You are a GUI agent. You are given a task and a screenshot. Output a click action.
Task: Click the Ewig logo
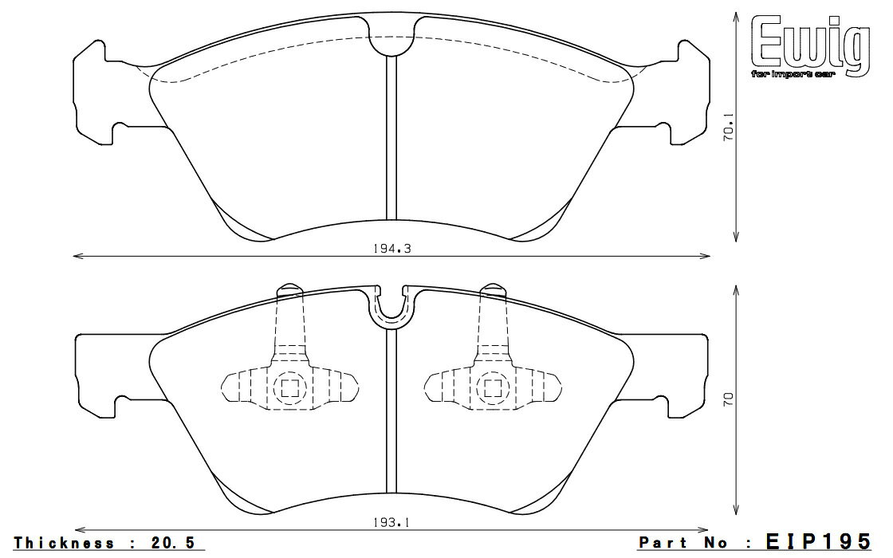[x=811, y=45]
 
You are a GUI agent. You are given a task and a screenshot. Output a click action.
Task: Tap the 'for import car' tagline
[x=793, y=75]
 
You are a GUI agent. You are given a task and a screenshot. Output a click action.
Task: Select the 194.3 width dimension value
[x=391, y=248]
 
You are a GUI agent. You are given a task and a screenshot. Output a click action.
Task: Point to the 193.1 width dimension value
[x=391, y=522]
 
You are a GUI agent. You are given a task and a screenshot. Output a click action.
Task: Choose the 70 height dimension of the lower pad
[x=729, y=399]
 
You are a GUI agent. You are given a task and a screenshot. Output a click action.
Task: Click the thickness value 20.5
[x=173, y=543]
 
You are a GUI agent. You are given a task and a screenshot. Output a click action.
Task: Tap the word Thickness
[x=64, y=543]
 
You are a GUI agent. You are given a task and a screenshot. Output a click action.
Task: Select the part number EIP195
[x=818, y=540]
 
